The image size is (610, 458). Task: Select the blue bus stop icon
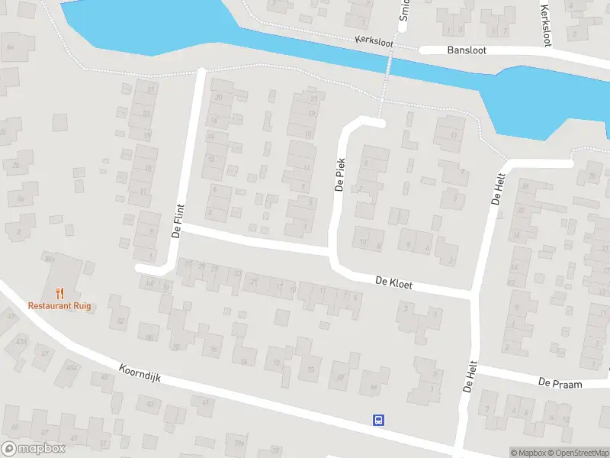click(x=378, y=420)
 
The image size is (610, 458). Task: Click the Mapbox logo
click(x=34, y=449)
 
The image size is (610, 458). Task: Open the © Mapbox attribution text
click(x=528, y=453)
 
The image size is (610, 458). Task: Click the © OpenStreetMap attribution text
click(x=579, y=453)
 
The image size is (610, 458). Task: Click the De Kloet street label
click(x=394, y=283)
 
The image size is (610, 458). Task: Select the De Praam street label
click(x=560, y=382)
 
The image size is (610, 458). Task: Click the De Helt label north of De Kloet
click(x=499, y=187)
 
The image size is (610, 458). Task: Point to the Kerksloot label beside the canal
click(x=374, y=43)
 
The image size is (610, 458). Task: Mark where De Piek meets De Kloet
click(x=333, y=253)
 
